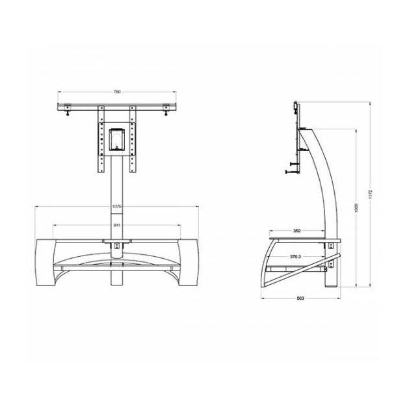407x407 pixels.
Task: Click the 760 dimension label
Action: click(x=117, y=92)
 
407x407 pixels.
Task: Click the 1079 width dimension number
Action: click(x=117, y=207)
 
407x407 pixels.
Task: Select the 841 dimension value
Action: click(x=117, y=225)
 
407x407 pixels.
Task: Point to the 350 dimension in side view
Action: click(x=296, y=231)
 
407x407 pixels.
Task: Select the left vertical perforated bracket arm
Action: click(x=101, y=140)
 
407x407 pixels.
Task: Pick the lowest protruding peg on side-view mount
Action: click(x=289, y=172)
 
